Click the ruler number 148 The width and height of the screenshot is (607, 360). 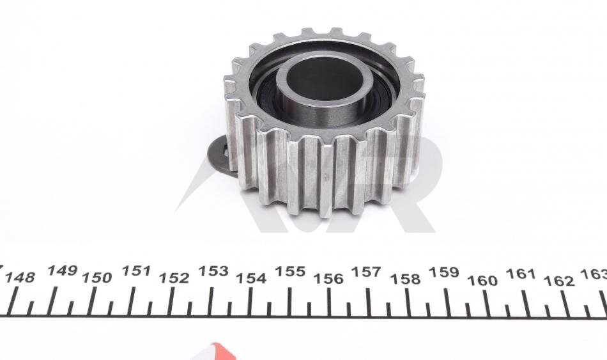(20, 278)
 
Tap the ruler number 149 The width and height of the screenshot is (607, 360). (63, 270)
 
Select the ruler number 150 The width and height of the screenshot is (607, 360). (97, 278)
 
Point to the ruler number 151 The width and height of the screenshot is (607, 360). (136, 271)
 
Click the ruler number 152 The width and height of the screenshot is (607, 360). (174, 278)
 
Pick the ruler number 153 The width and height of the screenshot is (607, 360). (213, 271)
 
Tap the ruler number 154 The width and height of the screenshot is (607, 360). (251, 278)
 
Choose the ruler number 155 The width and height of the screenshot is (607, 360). (290, 272)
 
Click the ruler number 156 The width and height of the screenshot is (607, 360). (328, 279)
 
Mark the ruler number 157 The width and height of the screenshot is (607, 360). (366, 272)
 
